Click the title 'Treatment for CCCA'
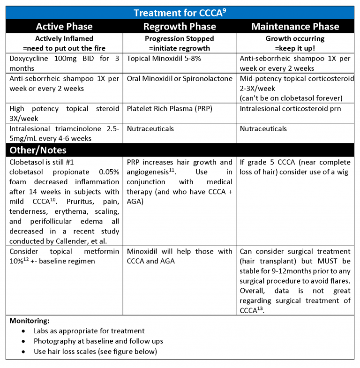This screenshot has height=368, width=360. tap(180, 13)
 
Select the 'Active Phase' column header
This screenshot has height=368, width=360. tap(64, 26)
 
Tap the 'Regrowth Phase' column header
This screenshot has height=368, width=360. tap(180, 26)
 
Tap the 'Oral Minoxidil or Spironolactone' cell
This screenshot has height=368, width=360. tap(180, 79)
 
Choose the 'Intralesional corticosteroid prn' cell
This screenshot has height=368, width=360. tap(289, 109)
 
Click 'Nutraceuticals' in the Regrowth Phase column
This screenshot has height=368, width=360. tap(150, 128)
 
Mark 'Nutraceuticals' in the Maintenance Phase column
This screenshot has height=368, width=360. tap(263, 128)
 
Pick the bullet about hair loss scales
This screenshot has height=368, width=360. tap(95, 351)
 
